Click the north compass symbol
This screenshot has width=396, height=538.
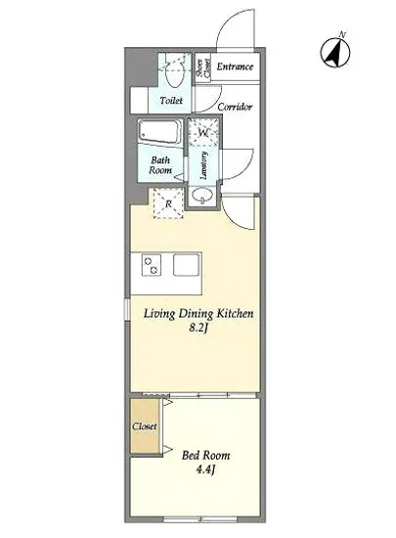(335, 51)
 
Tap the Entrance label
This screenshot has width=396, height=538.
(235, 67)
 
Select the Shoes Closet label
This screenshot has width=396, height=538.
(203, 67)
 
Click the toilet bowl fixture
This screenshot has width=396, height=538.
(174, 73)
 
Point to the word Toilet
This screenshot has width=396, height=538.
(171, 101)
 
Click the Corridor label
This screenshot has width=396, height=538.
(235, 107)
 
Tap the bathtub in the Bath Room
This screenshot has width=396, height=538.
(159, 132)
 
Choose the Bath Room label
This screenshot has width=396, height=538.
(160, 164)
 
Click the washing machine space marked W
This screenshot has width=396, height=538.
(203, 132)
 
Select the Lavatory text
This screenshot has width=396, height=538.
(203, 165)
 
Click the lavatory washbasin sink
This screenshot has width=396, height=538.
(202, 197)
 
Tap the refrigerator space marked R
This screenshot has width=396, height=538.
(168, 203)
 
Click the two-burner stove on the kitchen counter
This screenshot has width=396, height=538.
(151, 265)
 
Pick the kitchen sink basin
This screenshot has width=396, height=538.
(186, 264)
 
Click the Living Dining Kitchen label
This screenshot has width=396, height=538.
(198, 314)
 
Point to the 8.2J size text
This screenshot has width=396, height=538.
(198, 329)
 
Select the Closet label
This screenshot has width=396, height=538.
(145, 426)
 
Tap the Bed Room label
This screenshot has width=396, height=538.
(205, 455)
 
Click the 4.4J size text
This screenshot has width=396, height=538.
(205, 470)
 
